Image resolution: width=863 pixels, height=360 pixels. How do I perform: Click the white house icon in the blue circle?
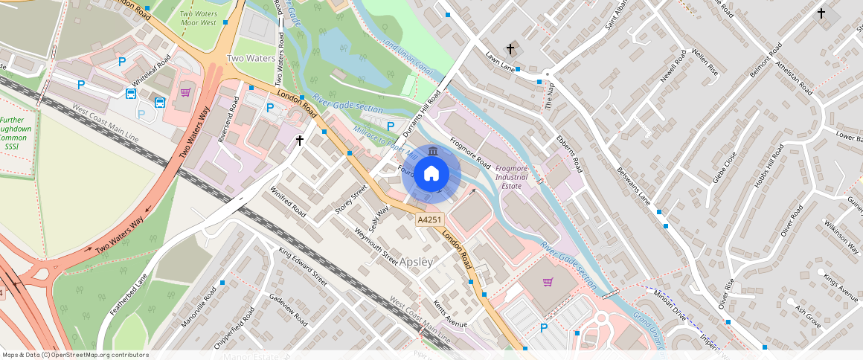click(x=431, y=174)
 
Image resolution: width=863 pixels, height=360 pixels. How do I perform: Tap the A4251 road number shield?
click(x=430, y=220)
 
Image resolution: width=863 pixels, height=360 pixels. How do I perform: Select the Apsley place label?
click(x=416, y=263)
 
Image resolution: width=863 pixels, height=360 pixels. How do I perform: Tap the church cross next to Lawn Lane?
click(x=510, y=49)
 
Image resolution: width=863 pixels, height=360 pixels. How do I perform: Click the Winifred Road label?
click(x=288, y=201)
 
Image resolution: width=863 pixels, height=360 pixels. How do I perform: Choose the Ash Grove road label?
click(x=807, y=318)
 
